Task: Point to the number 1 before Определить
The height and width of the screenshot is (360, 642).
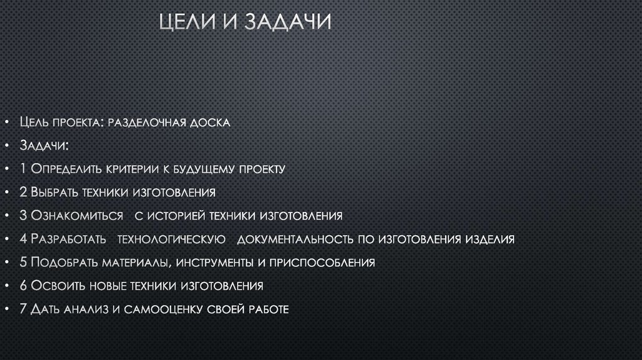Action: tap(23, 169)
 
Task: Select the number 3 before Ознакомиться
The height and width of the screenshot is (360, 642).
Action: tap(23, 216)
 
